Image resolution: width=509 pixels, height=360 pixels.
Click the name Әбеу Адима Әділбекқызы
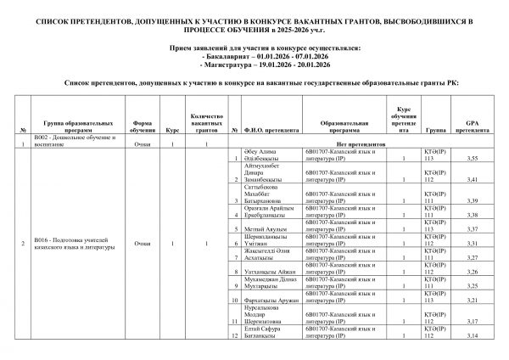tap(265, 154)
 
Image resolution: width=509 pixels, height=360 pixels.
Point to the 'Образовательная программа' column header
tap(343, 129)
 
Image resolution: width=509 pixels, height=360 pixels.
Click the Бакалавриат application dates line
tap(254, 56)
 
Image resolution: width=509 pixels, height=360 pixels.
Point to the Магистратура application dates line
tap(254, 64)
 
